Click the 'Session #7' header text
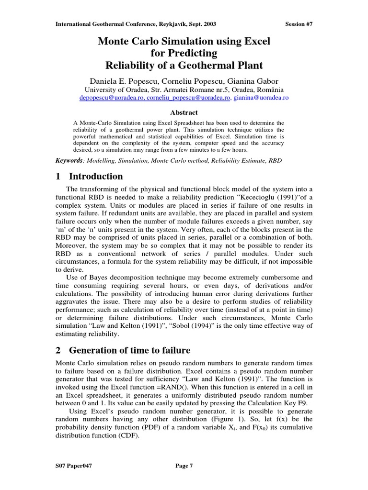click(x=299, y=23)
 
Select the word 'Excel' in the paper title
click(x=257, y=42)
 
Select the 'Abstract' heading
click(x=184, y=112)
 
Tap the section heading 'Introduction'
click(x=96, y=177)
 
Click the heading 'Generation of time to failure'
click(x=129, y=350)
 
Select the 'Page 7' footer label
click(x=184, y=466)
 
